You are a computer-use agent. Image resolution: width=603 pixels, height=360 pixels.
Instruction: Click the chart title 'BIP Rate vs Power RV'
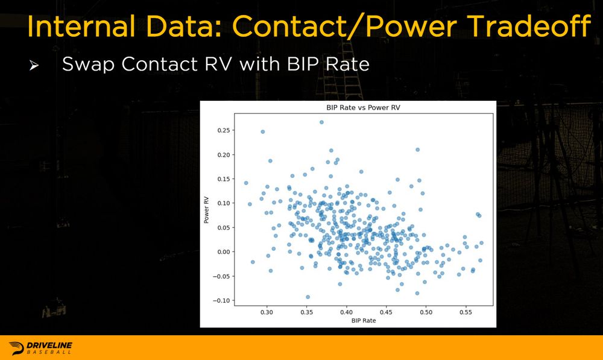(x=363, y=108)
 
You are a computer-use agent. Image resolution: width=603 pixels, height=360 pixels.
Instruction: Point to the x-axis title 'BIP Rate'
(x=364, y=320)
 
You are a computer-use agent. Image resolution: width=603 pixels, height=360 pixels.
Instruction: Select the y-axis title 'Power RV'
(x=206, y=210)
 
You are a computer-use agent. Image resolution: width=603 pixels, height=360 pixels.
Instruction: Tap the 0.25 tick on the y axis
(x=224, y=130)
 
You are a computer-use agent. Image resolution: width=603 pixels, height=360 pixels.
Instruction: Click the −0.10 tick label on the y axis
(x=221, y=301)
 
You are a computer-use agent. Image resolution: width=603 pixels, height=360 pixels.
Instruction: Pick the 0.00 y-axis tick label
(x=224, y=252)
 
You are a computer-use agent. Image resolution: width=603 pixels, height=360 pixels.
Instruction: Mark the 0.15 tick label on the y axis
(x=224, y=179)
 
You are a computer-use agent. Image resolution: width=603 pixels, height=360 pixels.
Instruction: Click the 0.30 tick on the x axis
(x=267, y=312)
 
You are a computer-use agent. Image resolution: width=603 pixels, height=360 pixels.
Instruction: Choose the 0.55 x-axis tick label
(x=466, y=312)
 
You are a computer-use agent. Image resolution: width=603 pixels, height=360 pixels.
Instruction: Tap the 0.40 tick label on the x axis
(x=346, y=312)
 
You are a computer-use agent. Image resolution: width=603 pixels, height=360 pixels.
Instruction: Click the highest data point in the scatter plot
(x=321, y=122)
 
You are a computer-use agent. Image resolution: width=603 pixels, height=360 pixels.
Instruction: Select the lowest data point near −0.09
(x=308, y=297)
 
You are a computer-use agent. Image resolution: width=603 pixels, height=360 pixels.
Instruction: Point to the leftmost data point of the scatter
(x=246, y=183)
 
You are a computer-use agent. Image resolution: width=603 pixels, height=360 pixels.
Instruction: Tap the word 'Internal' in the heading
(x=81, y=26)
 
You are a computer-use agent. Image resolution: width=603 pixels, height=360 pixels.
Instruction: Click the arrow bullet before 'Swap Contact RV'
(x=34, y=66)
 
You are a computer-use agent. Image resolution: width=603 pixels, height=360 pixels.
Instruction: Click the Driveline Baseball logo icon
(x=16, y=348)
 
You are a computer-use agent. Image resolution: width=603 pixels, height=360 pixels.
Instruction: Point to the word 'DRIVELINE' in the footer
(x=49, y=346)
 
